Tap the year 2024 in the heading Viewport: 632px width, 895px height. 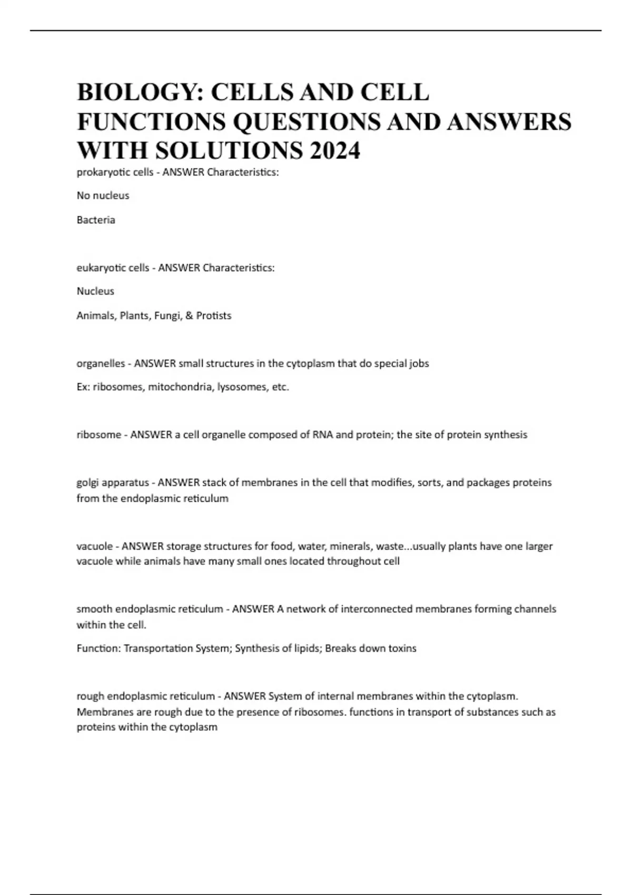coord(334,151)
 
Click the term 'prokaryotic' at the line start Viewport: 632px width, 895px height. coord(101,172)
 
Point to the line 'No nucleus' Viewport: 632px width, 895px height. coord(103,195)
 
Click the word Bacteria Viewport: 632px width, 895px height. coord(96,220)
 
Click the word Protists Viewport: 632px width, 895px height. coord(214,315)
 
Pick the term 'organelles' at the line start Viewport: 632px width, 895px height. coord(101,363)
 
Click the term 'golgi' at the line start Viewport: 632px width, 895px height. coord(88,482)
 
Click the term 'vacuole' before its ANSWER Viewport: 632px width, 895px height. coord(94,546)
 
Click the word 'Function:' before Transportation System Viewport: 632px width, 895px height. coord(98,648)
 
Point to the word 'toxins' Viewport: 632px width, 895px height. coord(402,648)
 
